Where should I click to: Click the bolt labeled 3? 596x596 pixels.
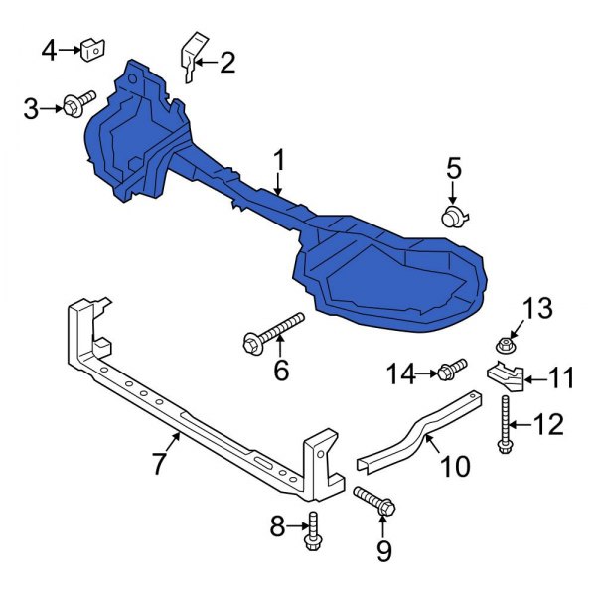pos(79,103)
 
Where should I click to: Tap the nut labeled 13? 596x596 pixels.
pos(505,347)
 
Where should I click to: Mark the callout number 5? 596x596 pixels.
pos(453,167)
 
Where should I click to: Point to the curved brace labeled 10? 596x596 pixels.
pos(417,429)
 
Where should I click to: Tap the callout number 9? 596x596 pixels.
pos(383,548)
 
